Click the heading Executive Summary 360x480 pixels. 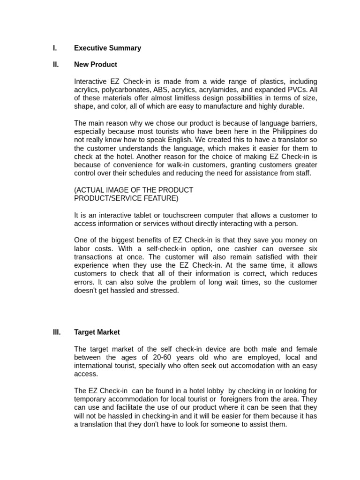[x=107, y=48]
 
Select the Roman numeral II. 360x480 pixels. [x=55, y=65]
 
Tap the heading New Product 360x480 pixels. [x=96, y=65]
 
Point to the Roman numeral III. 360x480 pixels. [x=56, y=332]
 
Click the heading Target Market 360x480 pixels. [x=97, y=332]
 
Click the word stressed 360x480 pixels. [x=165, y=291]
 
